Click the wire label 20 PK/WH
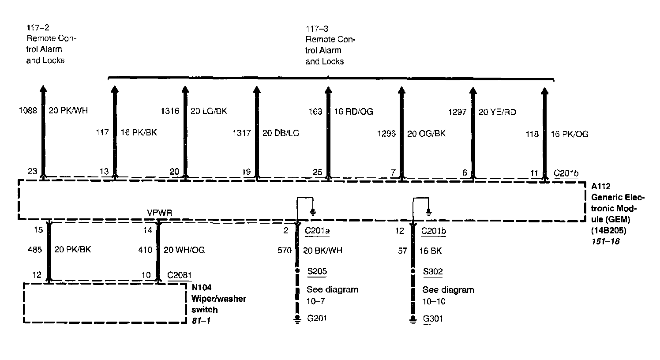[68, 110]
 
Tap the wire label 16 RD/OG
[353, 112]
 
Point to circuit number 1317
[241, 133]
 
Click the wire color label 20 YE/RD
[497, 112]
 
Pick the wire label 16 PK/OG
[570, 134]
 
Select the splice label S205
[317, 271]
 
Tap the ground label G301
[433, 319]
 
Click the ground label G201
[317, 318]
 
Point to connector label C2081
[180, 275]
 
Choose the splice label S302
[433, 271]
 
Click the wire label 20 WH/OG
[184, 250]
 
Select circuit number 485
[35, 250]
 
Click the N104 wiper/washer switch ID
[202, 288]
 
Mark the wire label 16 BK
[431, 251]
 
